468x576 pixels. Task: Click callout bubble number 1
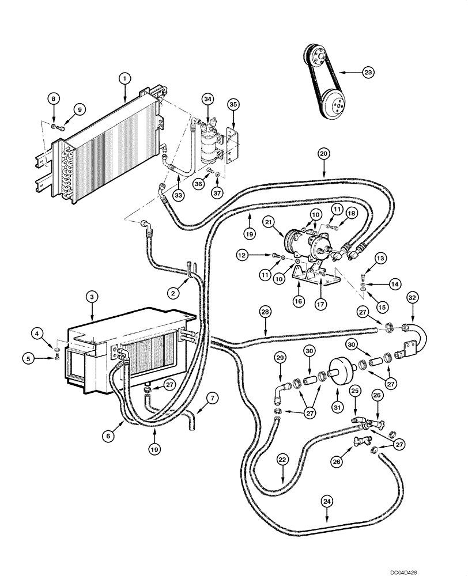[123, 77]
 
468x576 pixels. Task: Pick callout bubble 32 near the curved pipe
[412, 298]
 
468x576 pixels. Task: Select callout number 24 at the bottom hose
[327, 502]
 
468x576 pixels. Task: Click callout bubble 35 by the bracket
[233, 104]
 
